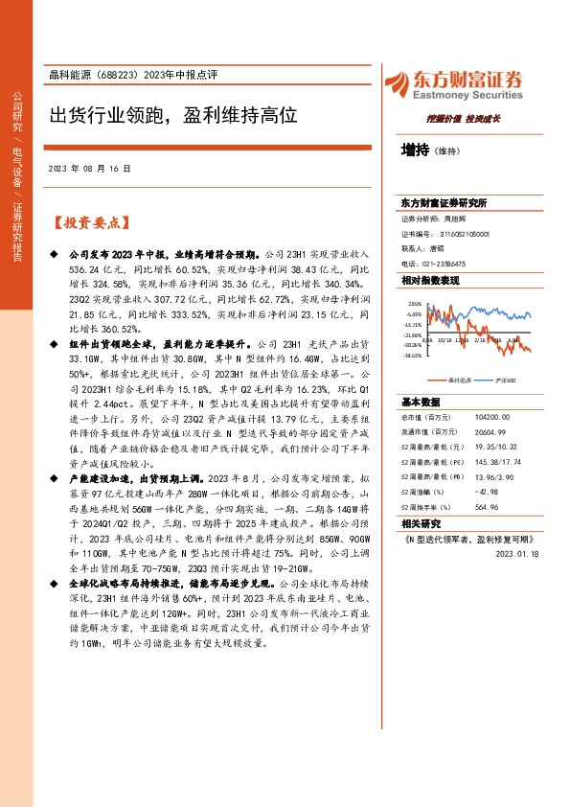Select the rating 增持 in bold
tap(415, 150)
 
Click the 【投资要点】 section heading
tap(89, 223)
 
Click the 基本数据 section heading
tap(421, 402)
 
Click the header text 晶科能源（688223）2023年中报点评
tap(128, 77)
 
